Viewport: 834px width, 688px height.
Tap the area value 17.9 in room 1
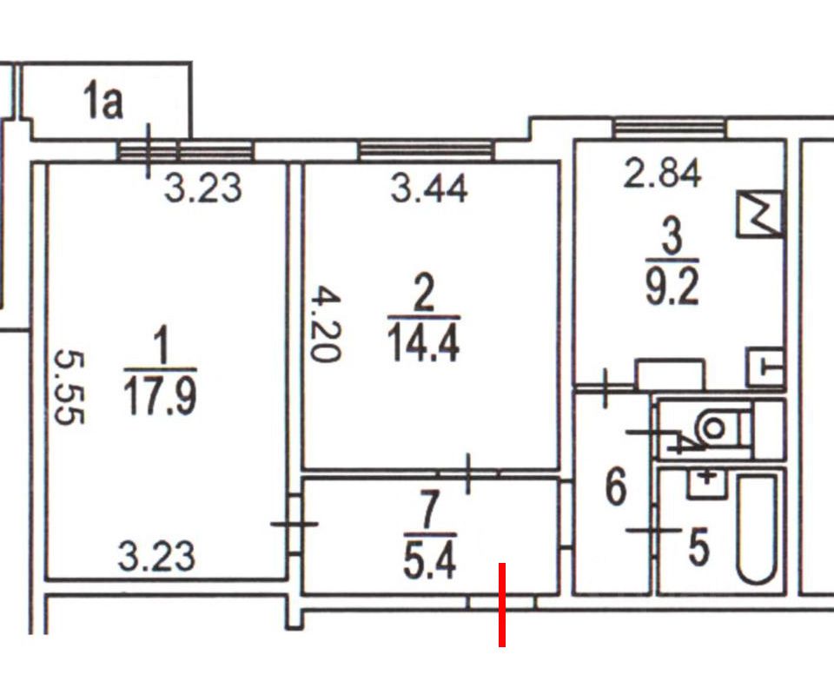pos(161,396)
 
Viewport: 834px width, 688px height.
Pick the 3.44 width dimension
pos(429,188)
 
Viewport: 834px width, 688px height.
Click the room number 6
pos(615,487)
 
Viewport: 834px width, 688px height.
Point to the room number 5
pos(699,548)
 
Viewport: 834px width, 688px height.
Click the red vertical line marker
pos(502,605)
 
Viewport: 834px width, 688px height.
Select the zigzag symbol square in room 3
pos(759,215)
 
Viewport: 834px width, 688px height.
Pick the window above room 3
pos(668,129)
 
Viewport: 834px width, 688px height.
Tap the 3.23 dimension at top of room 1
pos(202,188)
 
